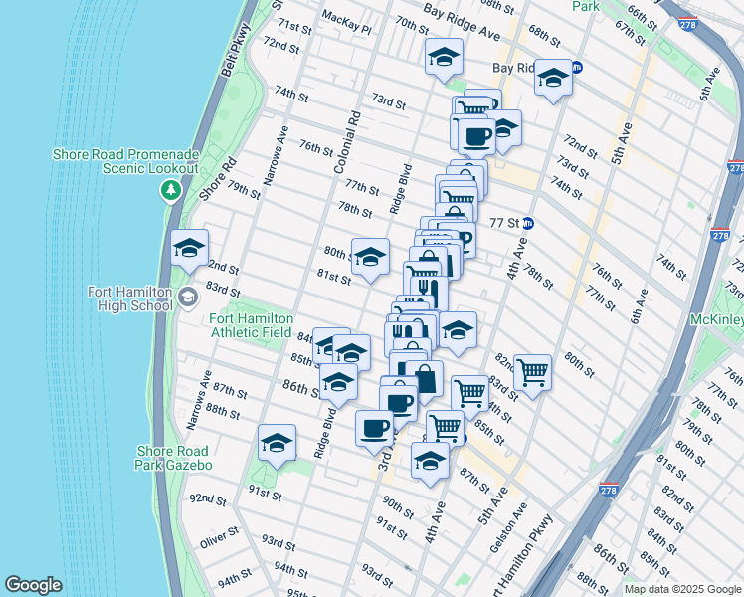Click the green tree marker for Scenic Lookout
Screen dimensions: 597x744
171,190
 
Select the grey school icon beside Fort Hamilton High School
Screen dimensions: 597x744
187,297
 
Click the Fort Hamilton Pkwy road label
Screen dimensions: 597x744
534,558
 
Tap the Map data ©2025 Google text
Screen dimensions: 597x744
681,589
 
